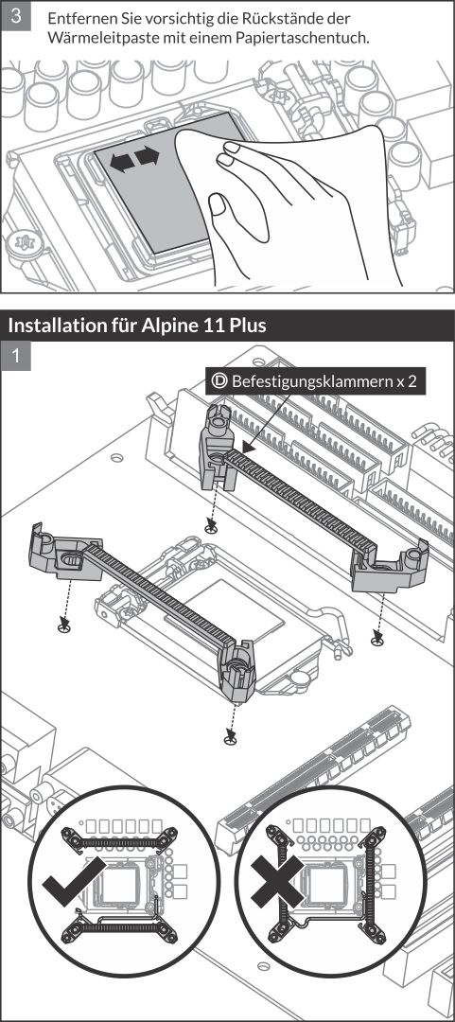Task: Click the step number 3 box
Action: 16,15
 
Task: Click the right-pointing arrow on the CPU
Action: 148,157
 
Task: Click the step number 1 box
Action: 16,355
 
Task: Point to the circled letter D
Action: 219,381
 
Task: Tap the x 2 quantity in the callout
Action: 406,382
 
